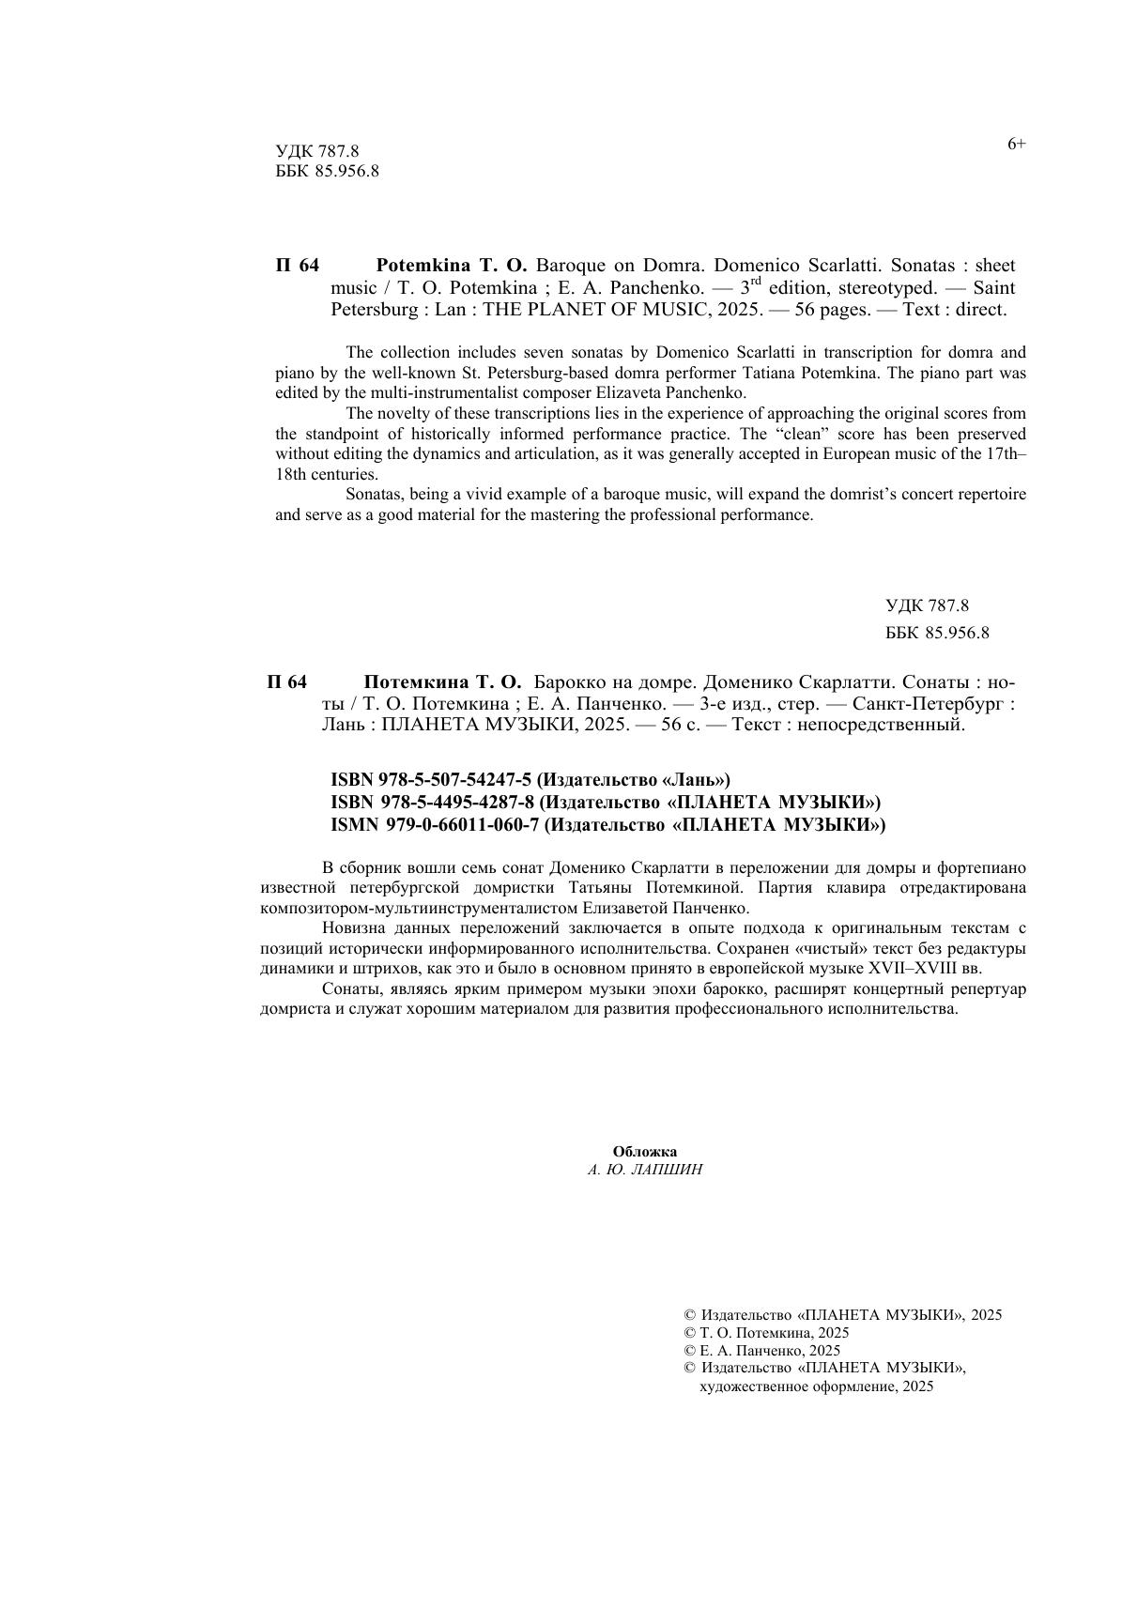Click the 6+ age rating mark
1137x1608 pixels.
tap(1017, 145)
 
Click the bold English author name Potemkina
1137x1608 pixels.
tap(421, 266)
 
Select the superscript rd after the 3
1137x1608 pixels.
tap(757, 281)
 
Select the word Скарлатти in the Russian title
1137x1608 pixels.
tap(834, 682)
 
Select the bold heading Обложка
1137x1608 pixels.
tap(644, 1152)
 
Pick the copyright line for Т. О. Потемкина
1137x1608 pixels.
tap(766, 1333)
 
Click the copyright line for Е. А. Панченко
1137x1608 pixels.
tap(762, 1351)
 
